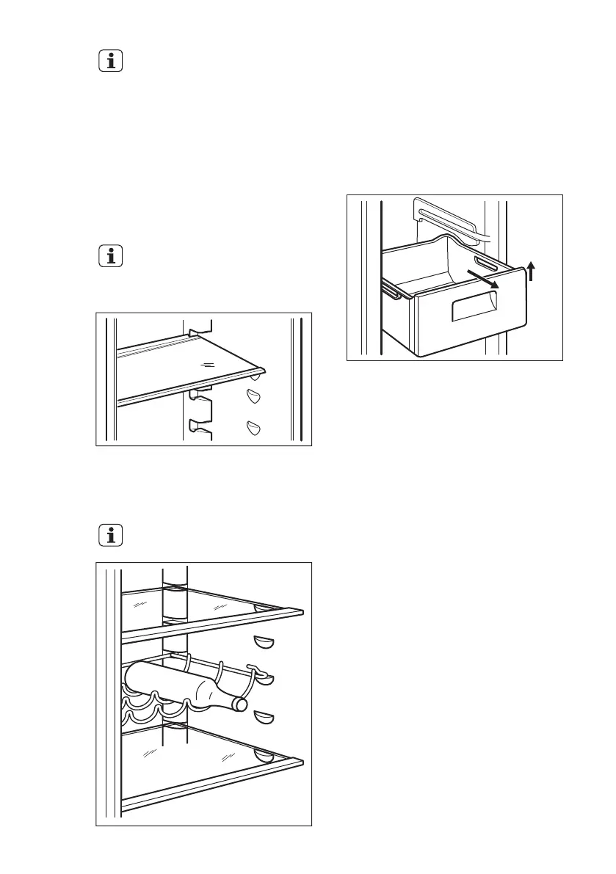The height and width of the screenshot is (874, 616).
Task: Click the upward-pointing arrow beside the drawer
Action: point(532,273)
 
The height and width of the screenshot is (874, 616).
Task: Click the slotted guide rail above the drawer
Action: point(448,219)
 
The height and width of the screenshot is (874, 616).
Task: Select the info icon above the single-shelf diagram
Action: point(111,258)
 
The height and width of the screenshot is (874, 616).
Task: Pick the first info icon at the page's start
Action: point(111,62)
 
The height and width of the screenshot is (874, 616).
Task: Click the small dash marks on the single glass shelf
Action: point(209,364)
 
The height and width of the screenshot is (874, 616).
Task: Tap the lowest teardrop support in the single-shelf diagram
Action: point(254,427)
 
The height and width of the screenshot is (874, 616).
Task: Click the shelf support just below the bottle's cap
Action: point(263,717)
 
